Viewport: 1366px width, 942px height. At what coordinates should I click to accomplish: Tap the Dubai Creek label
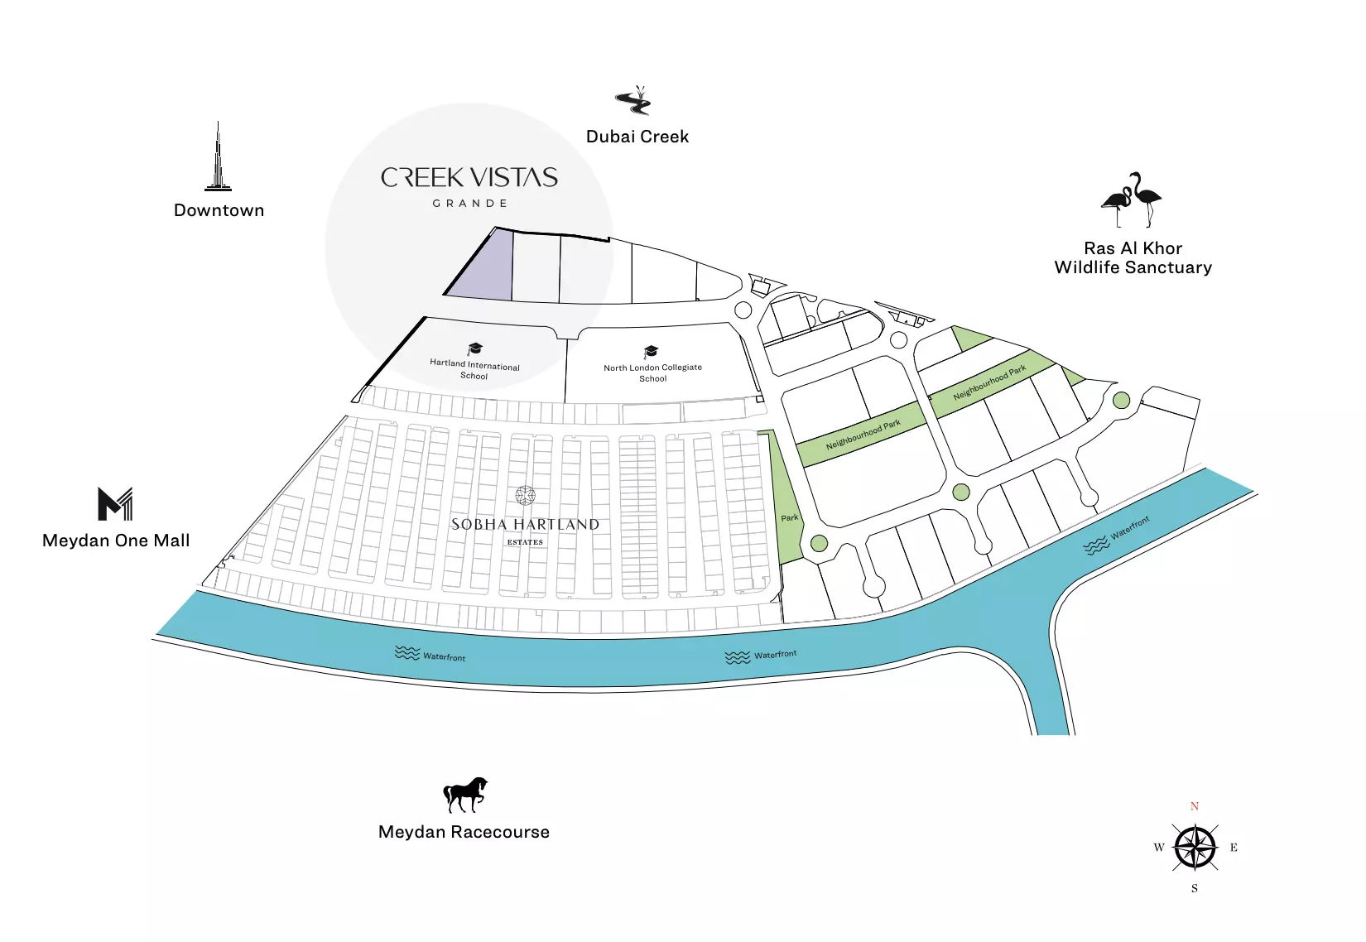click(637, 137)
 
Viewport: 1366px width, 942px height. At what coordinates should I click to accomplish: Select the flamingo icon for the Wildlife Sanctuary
click(1132, 199)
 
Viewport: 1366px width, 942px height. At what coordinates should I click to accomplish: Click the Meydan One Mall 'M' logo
click(115, 503)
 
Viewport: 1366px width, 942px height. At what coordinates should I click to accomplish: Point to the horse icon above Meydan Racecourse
click(464, 795)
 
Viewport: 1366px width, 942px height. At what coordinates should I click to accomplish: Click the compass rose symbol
click(1195, 848)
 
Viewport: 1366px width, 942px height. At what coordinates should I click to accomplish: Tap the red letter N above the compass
click(1195, 806)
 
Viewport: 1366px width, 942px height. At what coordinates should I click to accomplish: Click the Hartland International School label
click(474, 369)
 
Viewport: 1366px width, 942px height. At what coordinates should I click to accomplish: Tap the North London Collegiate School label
click(652, 372)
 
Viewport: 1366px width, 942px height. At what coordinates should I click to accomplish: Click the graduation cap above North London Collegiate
click(652, 352)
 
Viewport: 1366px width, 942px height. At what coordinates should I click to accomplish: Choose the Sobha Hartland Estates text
click(525, 525)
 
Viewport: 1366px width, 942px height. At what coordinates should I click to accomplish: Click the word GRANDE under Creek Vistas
click(469, 204)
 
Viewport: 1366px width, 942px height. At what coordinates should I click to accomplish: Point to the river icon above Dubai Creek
click(634, 101)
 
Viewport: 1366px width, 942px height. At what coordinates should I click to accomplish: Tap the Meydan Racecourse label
click(464, 832)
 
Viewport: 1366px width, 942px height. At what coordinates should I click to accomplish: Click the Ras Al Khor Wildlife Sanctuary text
click(1133, 257)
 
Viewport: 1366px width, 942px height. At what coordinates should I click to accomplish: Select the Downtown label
click(219, 210)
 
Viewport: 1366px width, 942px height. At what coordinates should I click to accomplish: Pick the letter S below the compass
click(1195, 888)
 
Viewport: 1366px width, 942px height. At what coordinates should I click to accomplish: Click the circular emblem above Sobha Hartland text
click(525, 496)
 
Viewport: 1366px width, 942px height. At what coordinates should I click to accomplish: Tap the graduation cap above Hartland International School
click(475, 348)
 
